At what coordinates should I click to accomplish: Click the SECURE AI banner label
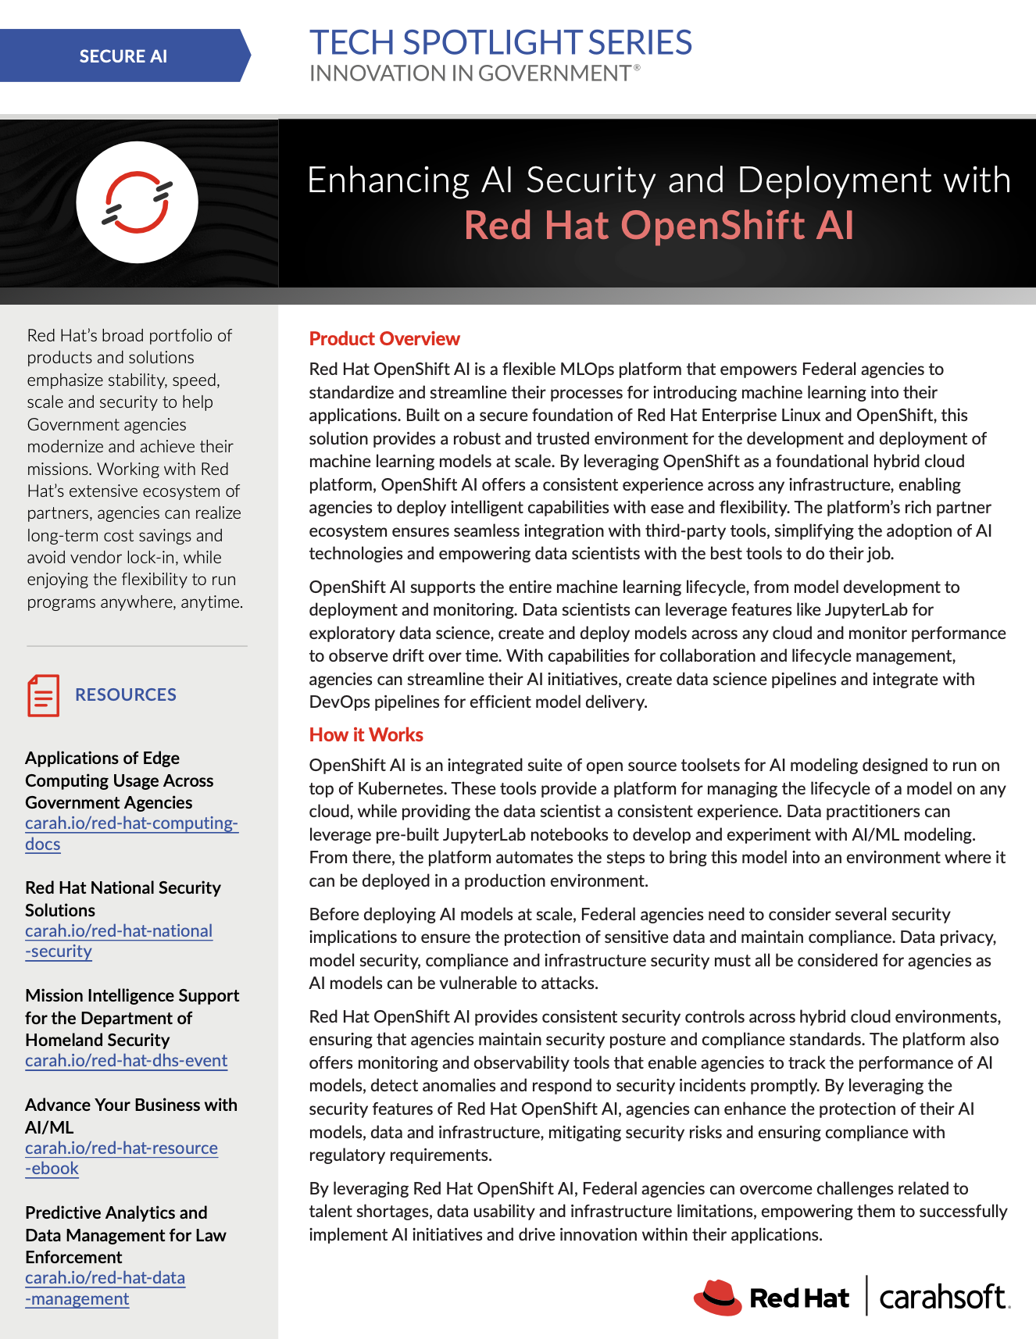[x=123, y=56]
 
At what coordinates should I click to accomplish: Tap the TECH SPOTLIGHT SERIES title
[x=500, y=42]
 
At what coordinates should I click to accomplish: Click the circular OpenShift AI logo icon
[x=138, y=202]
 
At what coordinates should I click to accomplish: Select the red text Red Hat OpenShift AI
[x=659, y=226]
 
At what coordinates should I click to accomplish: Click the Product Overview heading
[x=384, y=338]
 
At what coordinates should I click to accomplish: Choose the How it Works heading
[x=366, y=734]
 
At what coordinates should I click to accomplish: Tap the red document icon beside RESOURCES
[x=44, y=695]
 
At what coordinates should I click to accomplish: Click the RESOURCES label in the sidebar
[x=126, y=694]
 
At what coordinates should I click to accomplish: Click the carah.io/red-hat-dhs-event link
[x=126, y=1061]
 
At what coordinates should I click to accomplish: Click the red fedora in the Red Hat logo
[x=717, y=1297]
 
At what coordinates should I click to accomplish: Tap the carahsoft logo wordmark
[x=944, y=1297]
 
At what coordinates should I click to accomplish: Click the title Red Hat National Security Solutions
[x=123, y=898]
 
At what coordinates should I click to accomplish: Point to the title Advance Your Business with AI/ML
[x=130, y=1116]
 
